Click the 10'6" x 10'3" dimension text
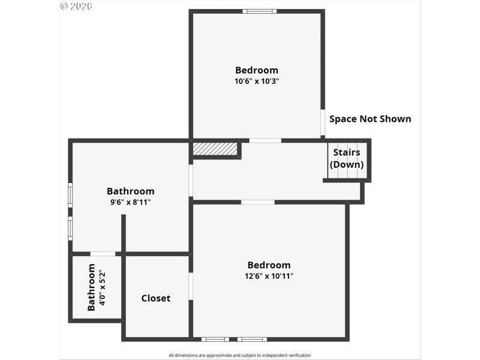(x=257, y=82)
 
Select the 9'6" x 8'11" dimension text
(x=130, y=203)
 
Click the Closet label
(x=156, y=298)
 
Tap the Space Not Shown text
(x=370, y=119)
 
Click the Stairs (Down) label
(x=347, y=158)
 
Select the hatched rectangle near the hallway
(x=215, y=148)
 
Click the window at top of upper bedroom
(x=260, y=11)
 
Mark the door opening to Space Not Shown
(x=323, y=123)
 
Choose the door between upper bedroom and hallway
(x=265, y=140)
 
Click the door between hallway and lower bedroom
(x=258, y=202)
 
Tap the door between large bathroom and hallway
(x=191, y=181)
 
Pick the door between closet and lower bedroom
(x=191, y=286)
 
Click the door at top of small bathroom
(x=103, y=254)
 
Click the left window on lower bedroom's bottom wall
(x=215, y=340)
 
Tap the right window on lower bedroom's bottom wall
(x=252, y=340)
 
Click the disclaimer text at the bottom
(x=239, y=355)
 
